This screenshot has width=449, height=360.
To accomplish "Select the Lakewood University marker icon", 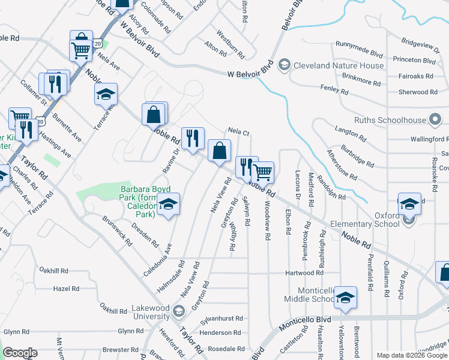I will click(x=178, y=311).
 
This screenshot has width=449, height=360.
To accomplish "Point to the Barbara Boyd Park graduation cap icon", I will click(x=169, y=205).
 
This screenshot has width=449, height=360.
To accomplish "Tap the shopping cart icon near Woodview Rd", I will click(x=263, y=172).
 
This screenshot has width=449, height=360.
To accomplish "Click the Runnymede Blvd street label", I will click(x=360, y=45).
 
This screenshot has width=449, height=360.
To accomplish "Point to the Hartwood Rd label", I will click(x=304, y=273).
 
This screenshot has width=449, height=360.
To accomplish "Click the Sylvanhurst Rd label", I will click(x=221, y=319).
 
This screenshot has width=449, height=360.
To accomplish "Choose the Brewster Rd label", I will click(x=120, y=349).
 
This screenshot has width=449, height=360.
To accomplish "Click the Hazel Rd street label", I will click(x=66, y=289).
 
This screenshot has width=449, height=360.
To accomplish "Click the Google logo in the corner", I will click(x=20, y=353).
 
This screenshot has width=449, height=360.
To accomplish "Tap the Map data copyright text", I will click(x=411, y=355).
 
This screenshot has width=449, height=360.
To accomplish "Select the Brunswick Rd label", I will click(x=117, y=231).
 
